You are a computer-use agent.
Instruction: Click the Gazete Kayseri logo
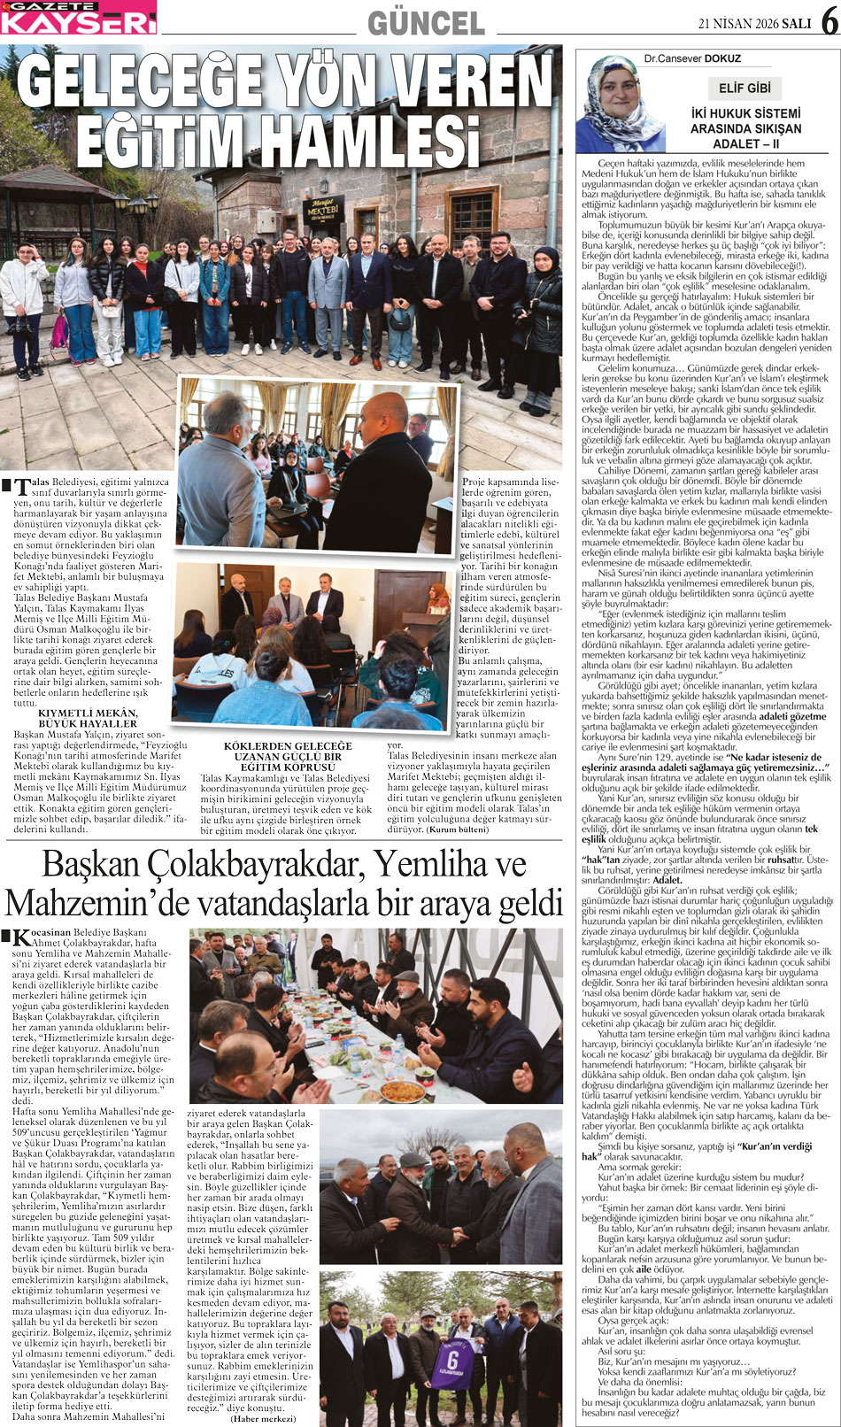(78, 18)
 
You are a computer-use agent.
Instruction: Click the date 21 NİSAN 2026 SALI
(754, 24)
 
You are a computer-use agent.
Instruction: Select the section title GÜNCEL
(426, 22)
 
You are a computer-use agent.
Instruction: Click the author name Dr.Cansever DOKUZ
(692, 59)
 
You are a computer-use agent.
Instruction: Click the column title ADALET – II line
(745, 143)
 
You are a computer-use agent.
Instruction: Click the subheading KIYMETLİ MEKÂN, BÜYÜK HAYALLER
(87, 718)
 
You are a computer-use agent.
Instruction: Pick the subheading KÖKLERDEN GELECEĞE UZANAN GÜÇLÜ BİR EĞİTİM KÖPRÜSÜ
(288, 757)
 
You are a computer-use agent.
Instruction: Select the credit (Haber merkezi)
(263, 1418)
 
